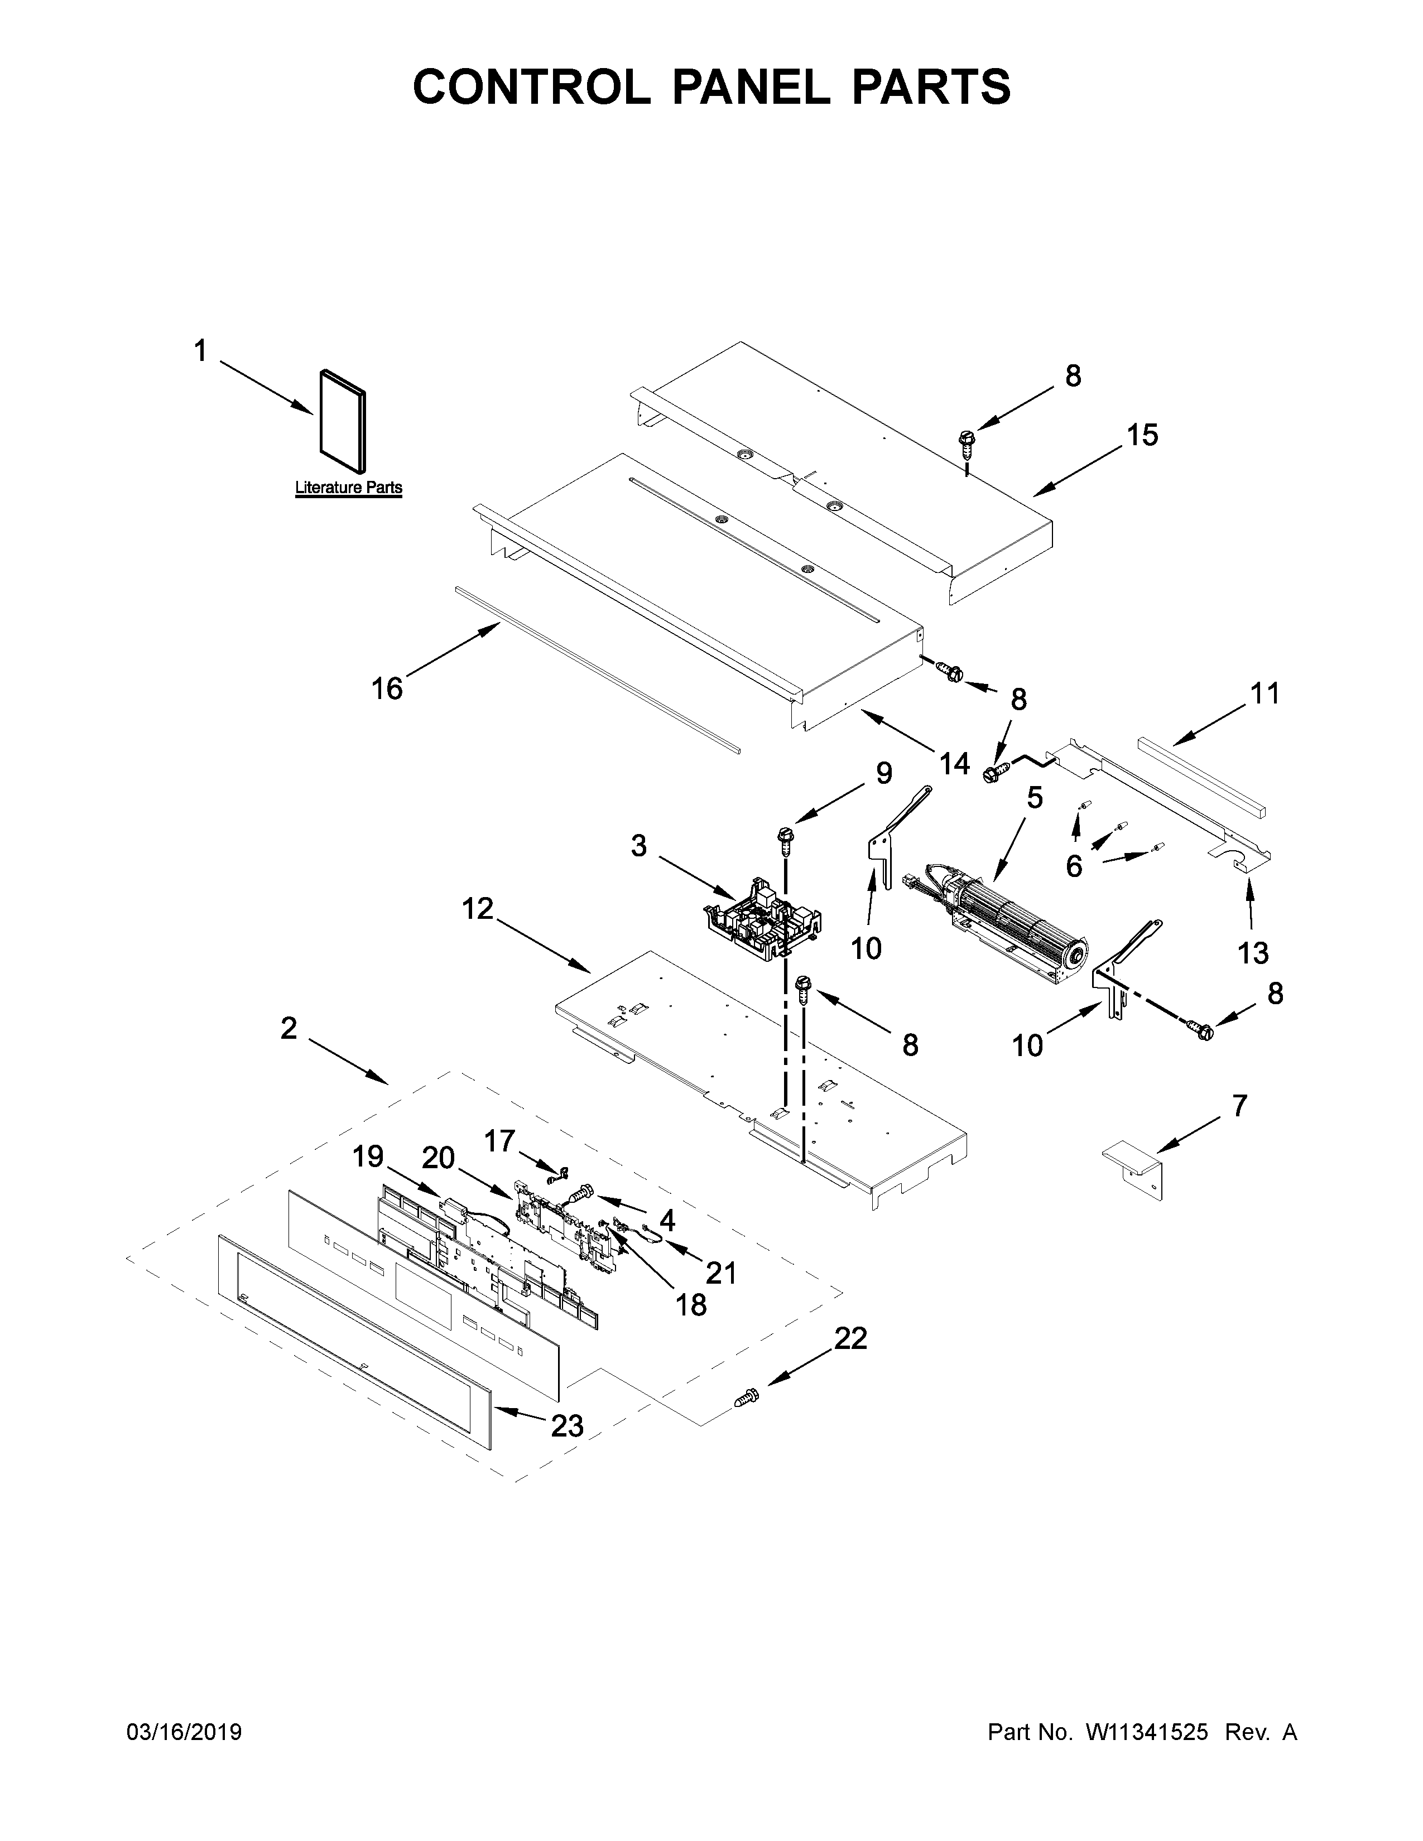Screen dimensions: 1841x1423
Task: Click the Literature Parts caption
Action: tap(348, 487)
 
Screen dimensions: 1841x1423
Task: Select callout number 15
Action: tap(1143, 435)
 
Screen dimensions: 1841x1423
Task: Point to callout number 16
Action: tap(388, 688)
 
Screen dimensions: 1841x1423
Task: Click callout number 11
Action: tap(1265, 694)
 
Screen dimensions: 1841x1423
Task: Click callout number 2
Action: tap(289, 1028)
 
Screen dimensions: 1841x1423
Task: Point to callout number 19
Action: tap(368, 1156)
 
